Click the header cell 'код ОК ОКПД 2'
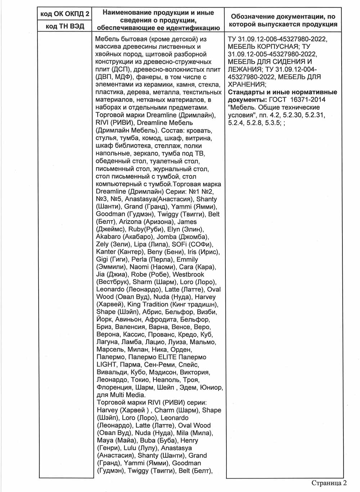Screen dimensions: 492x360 click(x=65, y=14)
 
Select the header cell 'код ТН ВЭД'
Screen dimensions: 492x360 click(x=65, y=26)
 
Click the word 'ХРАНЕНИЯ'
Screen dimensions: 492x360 click(x=247, y=85)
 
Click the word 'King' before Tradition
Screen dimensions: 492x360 click(x=135, y=305)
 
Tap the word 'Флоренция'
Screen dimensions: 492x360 click(x=114, y=387)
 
